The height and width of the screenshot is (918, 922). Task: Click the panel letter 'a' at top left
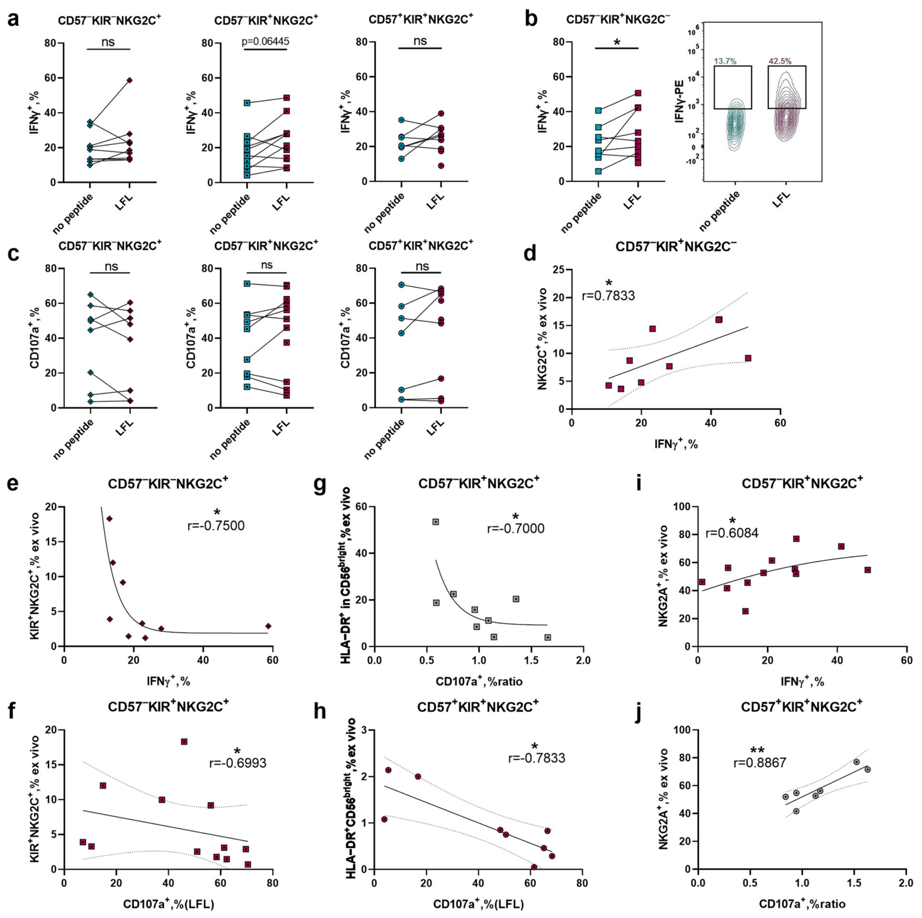[x=13, y=19]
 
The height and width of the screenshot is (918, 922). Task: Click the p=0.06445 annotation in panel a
[x=266, y=41]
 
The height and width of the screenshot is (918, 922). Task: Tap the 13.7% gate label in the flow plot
[x=725, y=62]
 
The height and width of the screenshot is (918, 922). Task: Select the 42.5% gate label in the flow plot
[x=780, y=62]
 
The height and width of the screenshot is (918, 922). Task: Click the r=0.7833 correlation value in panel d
[x=608, y=296]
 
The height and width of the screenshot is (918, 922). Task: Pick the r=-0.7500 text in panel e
[x=216, y=526]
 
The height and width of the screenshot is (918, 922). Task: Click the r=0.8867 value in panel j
[x=760, y=763]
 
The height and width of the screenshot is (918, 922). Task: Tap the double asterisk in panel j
[x=757, y=751]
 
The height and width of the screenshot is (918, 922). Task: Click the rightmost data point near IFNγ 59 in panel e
[x=268, y=626]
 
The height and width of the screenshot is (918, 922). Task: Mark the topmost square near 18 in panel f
[x=184, y=742]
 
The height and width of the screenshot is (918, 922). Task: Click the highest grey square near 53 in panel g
[x=436, y=522]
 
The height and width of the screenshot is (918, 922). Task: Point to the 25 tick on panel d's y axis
[x=557, y=270]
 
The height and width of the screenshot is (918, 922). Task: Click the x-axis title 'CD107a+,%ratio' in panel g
[x=479, y=681]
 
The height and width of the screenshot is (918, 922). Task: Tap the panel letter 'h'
[x=319, y=710]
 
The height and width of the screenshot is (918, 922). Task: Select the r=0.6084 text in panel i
[x=732, y=533]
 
